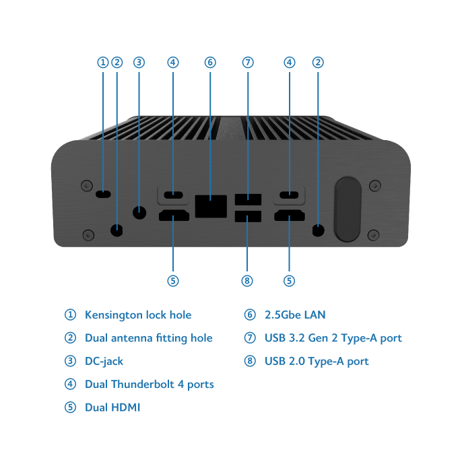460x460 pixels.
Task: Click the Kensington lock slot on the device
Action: click(x=103, y=195)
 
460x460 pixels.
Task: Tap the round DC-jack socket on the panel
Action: click(x=139, y=213)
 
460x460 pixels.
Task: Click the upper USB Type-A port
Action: click(x=248, y=200)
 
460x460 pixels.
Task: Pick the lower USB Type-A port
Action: click(x=248, y=218)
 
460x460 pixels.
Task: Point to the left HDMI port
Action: click(x=173, y=216)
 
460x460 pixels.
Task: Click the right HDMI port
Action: click(x=290, y=216)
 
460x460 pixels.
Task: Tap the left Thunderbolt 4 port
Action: click(x=173, y=196)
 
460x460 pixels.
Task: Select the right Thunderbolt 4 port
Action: click(x=290, y=196)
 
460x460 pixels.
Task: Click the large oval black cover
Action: click(x=348, y=209)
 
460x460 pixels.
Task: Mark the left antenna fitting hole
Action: click(x=117, y=230)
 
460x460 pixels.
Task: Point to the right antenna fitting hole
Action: click(x=319, y=230)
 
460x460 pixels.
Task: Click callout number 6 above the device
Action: click(x=210, y=63)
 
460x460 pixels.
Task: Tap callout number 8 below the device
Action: click(x=248, y=280)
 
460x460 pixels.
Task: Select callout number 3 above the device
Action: click(x=139, y=63)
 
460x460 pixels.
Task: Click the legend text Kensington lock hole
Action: click(x=138, y=315)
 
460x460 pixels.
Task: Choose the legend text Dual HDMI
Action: click(x=112, y=407)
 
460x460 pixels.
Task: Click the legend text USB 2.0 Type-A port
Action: click(x=317, y=361)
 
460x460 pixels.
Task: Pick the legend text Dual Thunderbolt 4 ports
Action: click(x=150, y=385)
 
